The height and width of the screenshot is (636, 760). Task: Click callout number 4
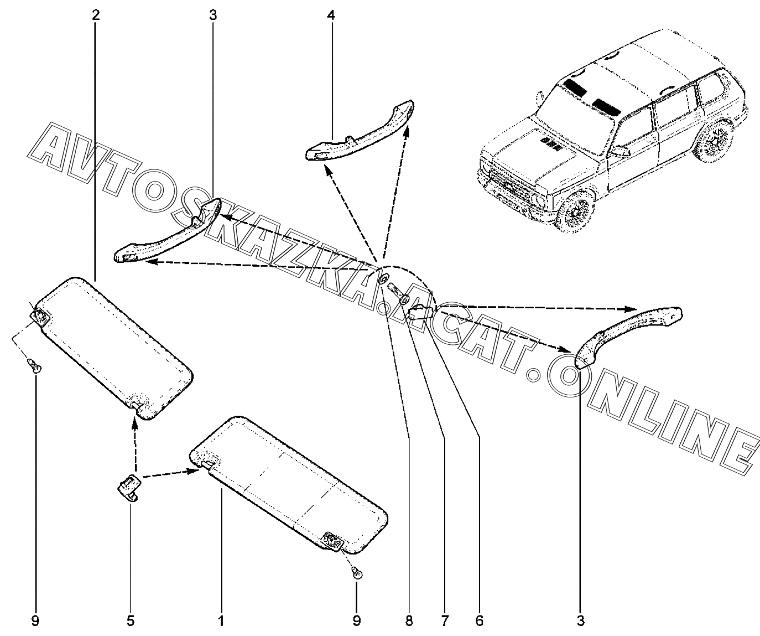(331, 15)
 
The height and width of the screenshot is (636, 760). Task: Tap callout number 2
(95, 15)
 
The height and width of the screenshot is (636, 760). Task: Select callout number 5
(131, 621)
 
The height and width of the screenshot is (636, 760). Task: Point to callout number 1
(221, 621)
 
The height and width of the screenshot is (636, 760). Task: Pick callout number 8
(409, 621)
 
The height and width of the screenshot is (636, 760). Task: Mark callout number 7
(444, 621)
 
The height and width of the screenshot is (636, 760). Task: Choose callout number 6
(480, 621)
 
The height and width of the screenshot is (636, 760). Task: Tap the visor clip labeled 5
(129, 487)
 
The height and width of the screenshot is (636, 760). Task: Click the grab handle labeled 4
(359, 130)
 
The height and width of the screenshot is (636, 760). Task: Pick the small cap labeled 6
(421, 313)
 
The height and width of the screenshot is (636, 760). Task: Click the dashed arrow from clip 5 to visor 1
(171, 473)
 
